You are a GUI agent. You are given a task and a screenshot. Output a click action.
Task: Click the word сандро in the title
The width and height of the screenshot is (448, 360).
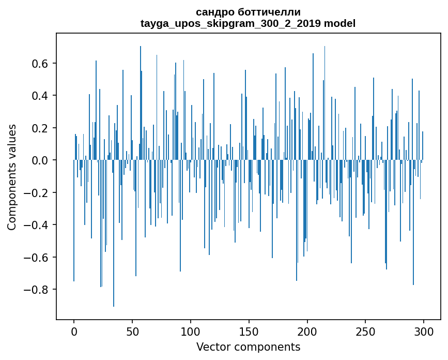coord(214,12)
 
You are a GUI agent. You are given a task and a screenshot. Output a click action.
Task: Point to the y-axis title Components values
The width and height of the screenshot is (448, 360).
coord(12,177)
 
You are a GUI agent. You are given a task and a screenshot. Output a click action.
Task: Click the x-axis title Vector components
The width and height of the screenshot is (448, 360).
coord(248,347)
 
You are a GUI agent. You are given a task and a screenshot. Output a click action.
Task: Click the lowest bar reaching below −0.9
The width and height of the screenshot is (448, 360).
coord(114,303)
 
